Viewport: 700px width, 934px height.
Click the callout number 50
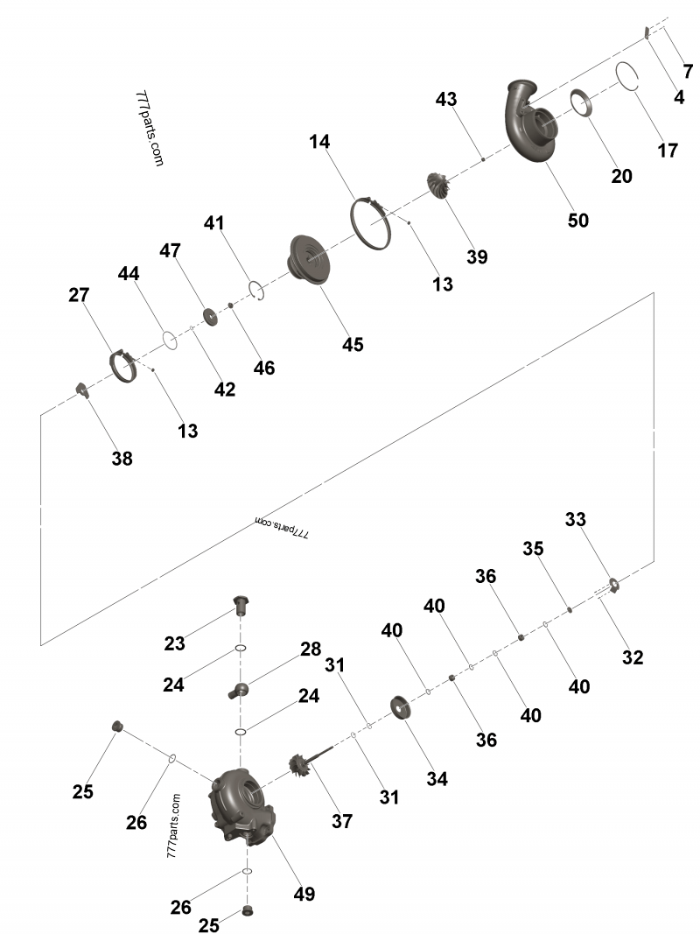click(x=578, y=221)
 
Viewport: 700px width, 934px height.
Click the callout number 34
click(x=437, y=778)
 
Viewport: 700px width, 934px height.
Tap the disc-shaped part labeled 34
click(x=402, y=706)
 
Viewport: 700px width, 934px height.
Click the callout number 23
click(x=175, y=643)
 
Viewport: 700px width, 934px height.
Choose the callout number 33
click(x=575, y=519)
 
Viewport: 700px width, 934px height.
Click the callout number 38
click(x=122, y=458)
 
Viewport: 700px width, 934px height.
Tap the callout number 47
click(x=170, y=251)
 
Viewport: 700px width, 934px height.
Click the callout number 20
click(x=621, y=176)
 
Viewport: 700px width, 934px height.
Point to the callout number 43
click(x=446, y=100)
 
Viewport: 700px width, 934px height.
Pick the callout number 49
click(x=304, y=894)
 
